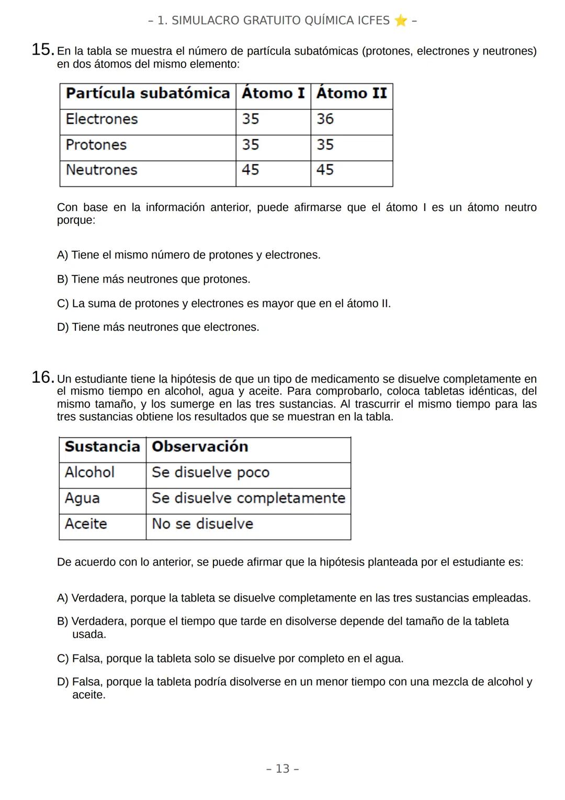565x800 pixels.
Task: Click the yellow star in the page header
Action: tap(401, 20)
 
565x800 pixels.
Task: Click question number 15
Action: tap(42, 50)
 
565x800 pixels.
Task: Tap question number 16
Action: tap(42, 377)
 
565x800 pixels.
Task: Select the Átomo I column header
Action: tap(273, 93)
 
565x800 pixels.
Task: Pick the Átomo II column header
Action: tap(351, 93)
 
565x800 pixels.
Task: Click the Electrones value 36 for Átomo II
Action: tap(325, 119)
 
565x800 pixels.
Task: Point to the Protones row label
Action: tap(96, 145)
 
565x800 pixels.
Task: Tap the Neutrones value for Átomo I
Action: tap(250, 170)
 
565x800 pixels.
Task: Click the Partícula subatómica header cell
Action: tap(148, 93)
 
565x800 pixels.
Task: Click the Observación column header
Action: tap(200, 447)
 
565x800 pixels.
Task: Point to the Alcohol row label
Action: tap(89, 472)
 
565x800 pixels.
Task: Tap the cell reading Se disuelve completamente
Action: tap(248, 498)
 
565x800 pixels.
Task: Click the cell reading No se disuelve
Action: tap(202, 524)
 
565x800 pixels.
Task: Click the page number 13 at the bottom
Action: tap(282, 769)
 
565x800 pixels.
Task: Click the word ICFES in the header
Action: tap(374, 20)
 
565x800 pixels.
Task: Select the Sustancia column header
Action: tap(102, 447)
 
